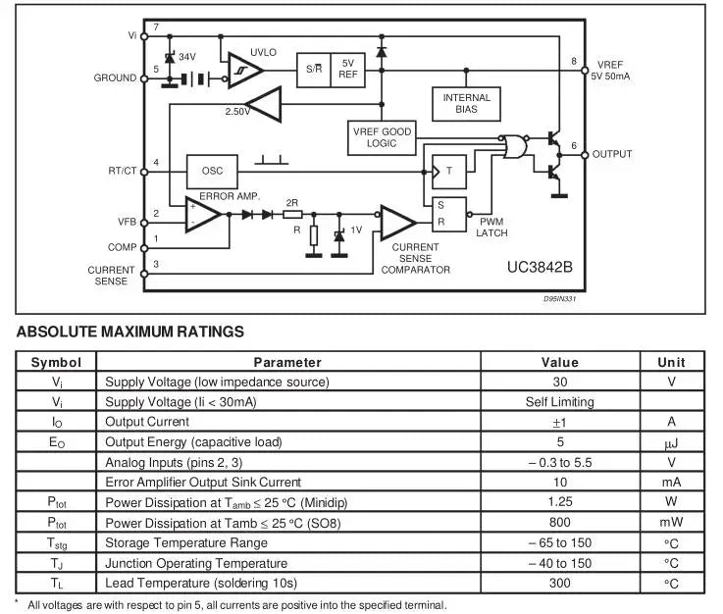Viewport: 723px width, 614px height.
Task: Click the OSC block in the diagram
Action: (212, 171)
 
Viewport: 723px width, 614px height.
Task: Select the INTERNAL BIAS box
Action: (466, 104)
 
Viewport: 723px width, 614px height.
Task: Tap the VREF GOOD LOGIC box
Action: (382, 137)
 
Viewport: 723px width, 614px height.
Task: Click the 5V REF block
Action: (348, 69)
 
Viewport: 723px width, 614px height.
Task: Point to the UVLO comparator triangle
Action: (243, 71)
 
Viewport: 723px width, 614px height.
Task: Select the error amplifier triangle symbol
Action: (203, 214)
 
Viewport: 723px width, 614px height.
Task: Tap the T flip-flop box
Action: (449, 171)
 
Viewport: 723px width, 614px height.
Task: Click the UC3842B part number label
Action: (540, 267)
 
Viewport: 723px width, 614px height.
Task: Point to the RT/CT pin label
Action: (122, 171)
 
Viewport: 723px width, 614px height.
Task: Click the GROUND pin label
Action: (116, 77)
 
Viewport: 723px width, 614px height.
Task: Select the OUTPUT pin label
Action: (612, 154)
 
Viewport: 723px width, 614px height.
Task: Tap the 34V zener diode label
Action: (186, 57)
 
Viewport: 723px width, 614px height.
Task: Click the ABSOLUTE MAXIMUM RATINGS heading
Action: (130, 332)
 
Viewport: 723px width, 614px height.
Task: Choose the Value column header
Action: (560, 362)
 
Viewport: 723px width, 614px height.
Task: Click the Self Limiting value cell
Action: (560, 402)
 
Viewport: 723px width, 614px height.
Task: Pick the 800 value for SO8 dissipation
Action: (560, 523)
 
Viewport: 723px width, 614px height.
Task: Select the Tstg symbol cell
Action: (57, 542)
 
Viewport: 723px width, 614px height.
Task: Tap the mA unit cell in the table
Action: (671, 483)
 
